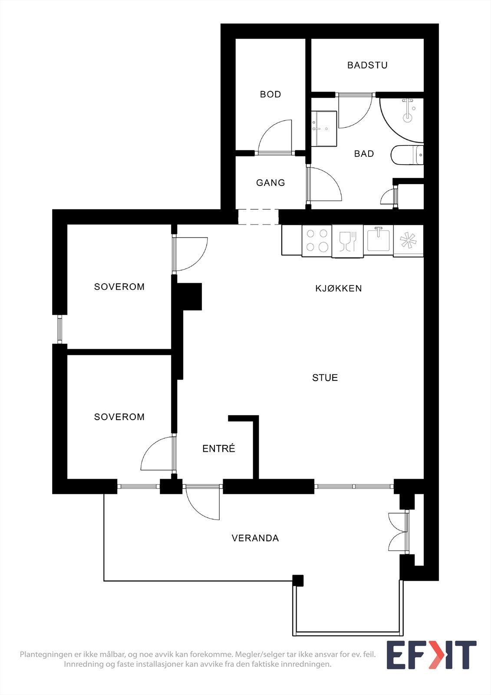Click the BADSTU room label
click(367, 65)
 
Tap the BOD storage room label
click(270, 94)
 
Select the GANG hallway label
click(270, 183)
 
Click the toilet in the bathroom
click(407, 155)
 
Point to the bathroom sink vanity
click(325, 128)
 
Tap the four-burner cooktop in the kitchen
click(317, 241)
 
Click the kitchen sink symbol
click(378, 240)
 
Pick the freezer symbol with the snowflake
click(408, 241)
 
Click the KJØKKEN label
click(338, 288)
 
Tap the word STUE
click(325, 378)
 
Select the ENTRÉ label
click(218, 449)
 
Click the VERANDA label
click(255, 538)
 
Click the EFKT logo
click(431, 655)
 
